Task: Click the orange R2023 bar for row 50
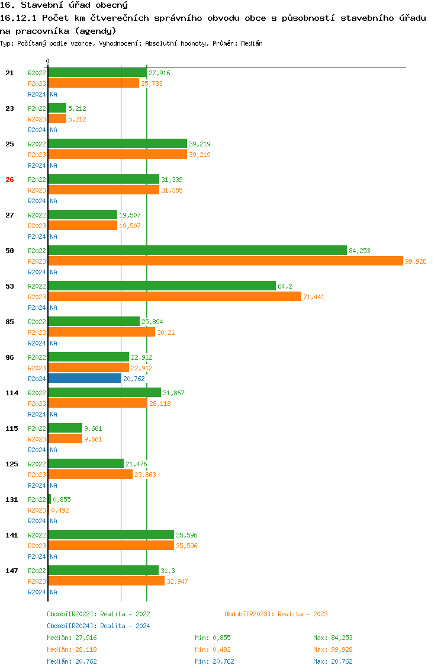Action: [225, 261]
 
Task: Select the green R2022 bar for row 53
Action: [162, 286]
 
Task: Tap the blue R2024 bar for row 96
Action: [85, 379]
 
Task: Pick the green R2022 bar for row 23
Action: [57, 108]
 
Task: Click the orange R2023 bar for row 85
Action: [101, 332]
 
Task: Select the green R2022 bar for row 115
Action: [65, 428]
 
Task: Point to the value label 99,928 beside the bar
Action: [416, 261]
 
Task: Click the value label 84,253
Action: [359, 251]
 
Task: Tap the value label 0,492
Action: [60, 510]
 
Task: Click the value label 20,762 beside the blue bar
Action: [134, 379]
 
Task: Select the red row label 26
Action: [9, 180]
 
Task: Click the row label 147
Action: [11, 571]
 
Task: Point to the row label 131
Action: [11, 500]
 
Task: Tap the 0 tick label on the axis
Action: [48, 61]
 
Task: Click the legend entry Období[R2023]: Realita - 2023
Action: [276, 614]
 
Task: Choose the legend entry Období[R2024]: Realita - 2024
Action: [98, 626]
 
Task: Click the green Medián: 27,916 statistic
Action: [72, 638]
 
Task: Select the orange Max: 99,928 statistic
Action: [333, 649]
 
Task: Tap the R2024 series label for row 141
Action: [37, 556]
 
